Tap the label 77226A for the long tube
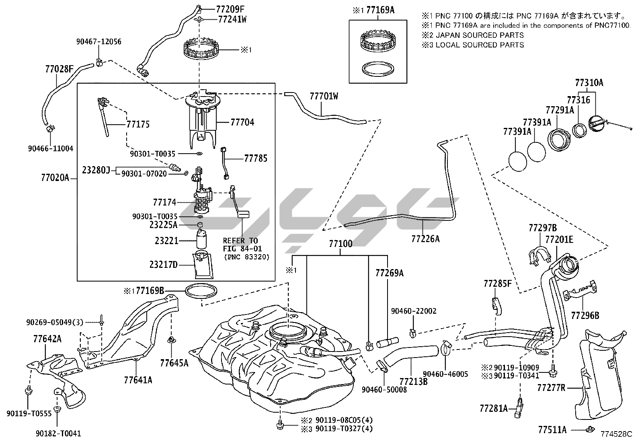425,239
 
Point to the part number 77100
341,244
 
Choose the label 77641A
138,379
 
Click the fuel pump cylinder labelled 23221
201,240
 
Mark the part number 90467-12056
99,42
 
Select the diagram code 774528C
616,434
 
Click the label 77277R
551,388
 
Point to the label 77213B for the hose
413,380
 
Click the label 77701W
324,96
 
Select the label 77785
255,158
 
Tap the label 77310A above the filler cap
589,83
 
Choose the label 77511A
552,430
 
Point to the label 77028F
59,69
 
